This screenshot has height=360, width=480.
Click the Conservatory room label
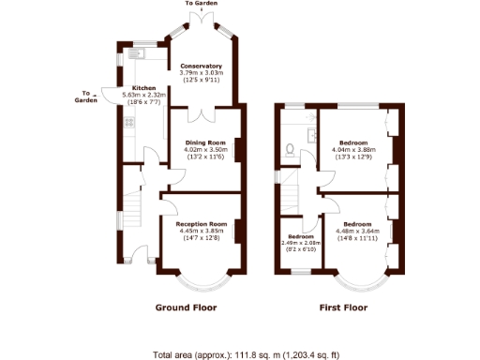[201, 67]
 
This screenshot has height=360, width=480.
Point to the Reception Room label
[202, 224]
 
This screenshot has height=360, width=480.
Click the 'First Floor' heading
[343, 307]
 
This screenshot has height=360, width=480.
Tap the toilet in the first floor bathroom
[292, 148]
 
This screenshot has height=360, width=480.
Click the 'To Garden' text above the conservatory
[202, 5]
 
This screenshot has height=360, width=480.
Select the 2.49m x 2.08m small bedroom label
[300, 236]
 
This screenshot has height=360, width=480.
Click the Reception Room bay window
[202, 277]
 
